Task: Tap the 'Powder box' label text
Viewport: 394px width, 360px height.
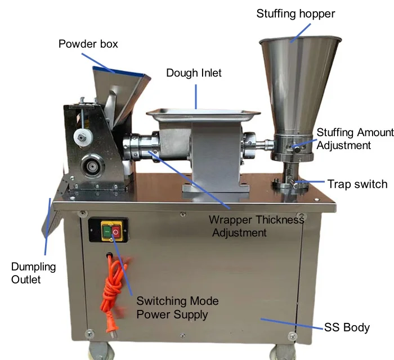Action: [x=88, y=43]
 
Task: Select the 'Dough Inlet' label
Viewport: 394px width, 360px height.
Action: [x=194, y=73]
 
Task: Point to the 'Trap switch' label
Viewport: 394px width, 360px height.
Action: [x=357, y=184]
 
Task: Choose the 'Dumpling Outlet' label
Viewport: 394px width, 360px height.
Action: [x=34, y=272]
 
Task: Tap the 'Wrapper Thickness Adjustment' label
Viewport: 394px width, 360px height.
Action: [x=256, y=226]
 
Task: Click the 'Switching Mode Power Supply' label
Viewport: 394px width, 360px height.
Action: [x=177, y=308]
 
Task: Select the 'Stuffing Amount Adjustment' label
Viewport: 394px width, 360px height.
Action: [x=355, y=139]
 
